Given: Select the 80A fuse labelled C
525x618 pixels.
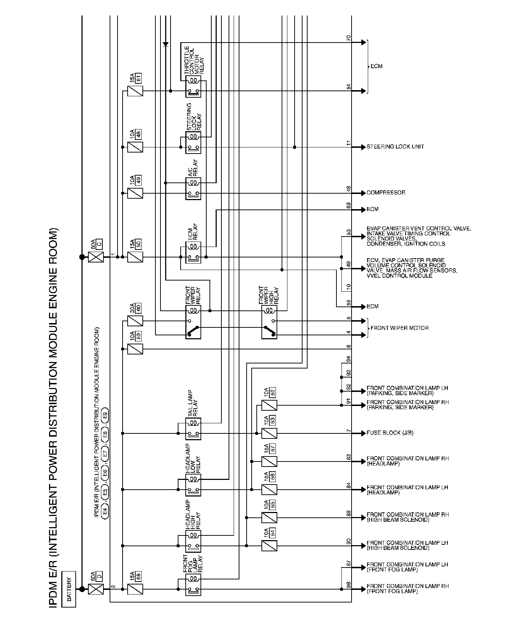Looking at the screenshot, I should [96, 257].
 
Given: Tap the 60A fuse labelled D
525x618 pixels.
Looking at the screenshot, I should [96, 589].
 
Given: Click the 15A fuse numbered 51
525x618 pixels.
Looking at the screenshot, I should [135, 91].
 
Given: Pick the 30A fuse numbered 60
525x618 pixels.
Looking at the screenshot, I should [135, 321].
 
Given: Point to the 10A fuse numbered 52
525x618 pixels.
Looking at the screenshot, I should [269, 405].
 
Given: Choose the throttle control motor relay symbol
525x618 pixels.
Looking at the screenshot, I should [193, 87].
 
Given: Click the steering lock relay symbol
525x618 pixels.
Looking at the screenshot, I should [193, 143].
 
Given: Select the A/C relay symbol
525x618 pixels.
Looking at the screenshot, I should [193, 189].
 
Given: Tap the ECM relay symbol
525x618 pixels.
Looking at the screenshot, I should [193, 252].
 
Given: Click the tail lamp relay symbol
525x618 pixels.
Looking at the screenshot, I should [193, 429].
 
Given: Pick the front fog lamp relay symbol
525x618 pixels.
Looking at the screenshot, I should [193, 585].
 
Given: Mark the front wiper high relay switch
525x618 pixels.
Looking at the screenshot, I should [269, 328].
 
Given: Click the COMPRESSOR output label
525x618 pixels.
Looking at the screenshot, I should [386, 193].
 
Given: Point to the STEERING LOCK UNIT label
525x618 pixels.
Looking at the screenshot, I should [395, 147].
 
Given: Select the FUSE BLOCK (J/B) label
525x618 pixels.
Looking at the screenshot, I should [390, 433].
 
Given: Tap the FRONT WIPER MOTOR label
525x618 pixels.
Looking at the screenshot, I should [400, 328].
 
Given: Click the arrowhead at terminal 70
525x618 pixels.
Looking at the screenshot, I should [363, 43].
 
